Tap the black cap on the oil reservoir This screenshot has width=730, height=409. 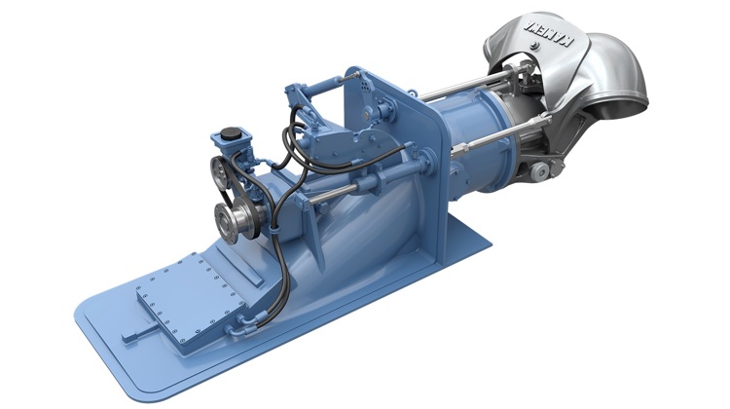(232, 131)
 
